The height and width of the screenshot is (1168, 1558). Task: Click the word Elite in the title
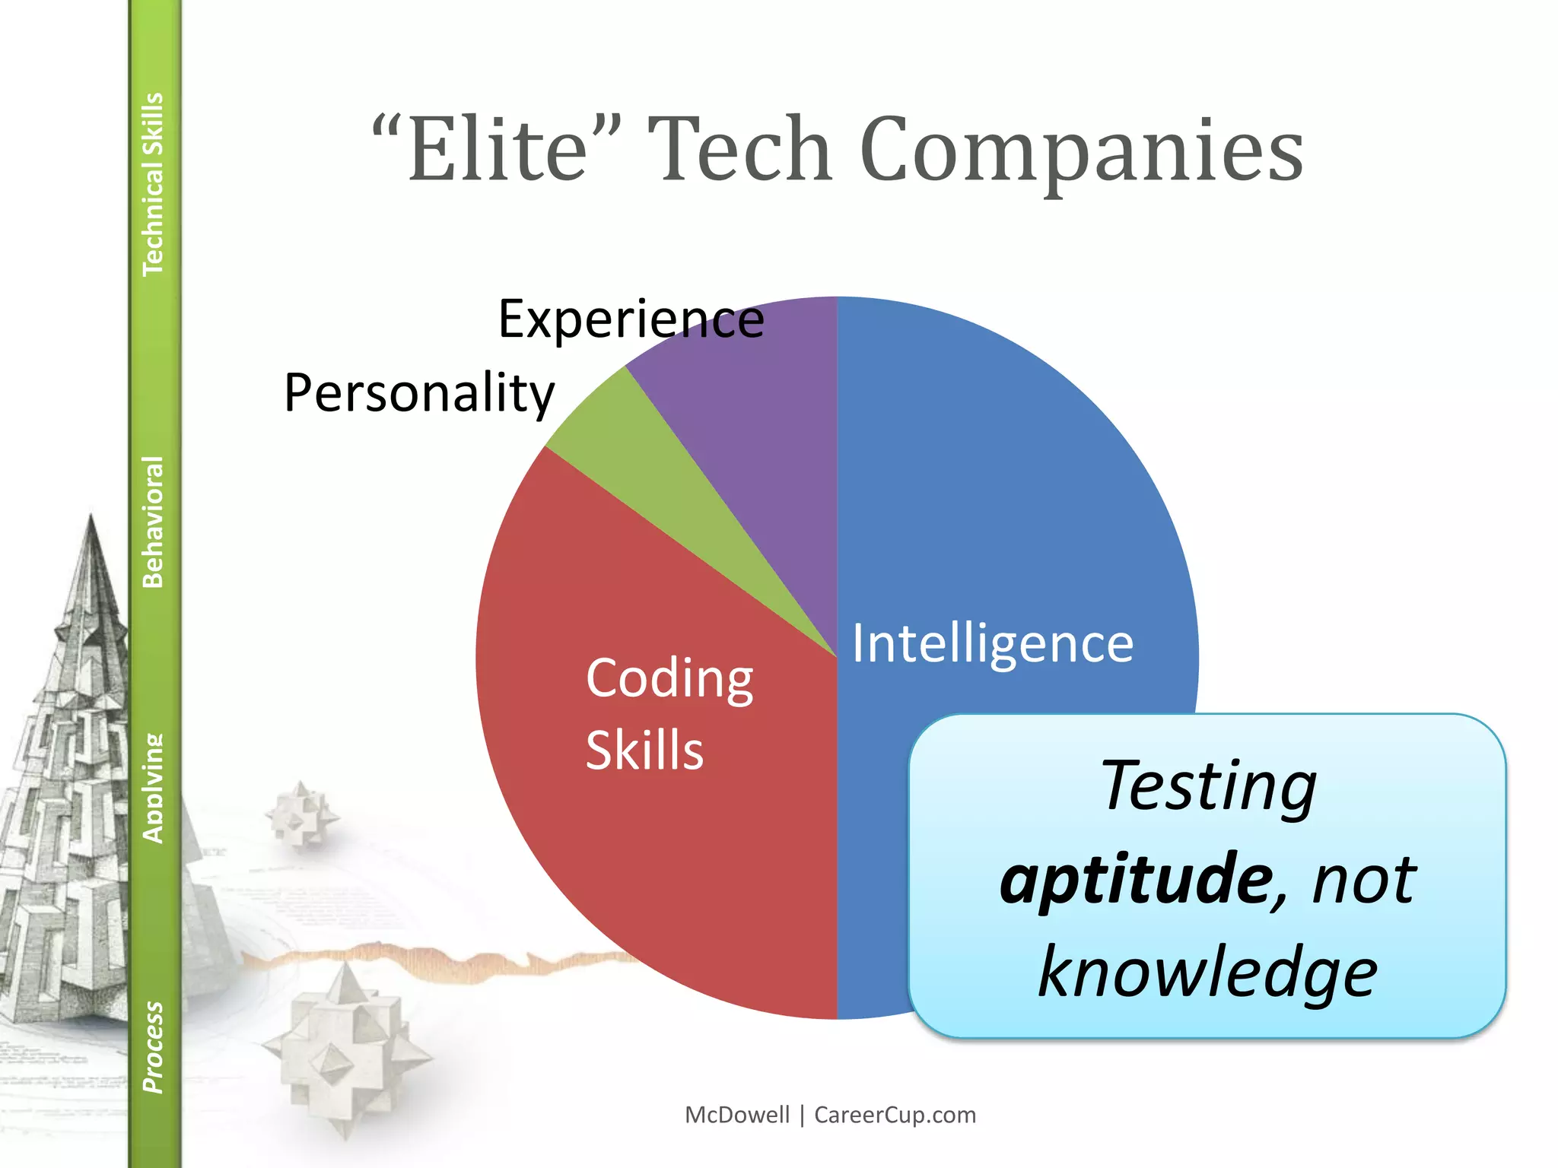(x=498, y=150)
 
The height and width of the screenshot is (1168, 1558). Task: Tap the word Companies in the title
(x=1081, y=150)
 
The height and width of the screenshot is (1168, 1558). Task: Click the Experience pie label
(x=631, y=319)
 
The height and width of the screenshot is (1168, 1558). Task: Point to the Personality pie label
(x=419, y=394)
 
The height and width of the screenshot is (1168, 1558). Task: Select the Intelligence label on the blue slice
(x=992, y=644)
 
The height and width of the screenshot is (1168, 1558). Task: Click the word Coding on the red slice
(x=669, y=678)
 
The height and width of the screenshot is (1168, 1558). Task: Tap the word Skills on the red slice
(x=644, y=751)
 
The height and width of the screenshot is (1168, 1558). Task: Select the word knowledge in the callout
(x=1208, y=973)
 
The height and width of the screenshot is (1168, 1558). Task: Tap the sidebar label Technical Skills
(x=153, y=184)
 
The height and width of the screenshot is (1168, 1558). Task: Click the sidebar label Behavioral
(x=153, y=522)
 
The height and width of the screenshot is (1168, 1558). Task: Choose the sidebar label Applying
(x=153, y=788)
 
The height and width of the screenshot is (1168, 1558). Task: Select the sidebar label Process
(x=153, y=1047)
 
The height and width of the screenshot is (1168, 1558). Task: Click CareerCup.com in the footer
(x=895, y=1115)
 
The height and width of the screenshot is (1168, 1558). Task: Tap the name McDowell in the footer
(x=737, y=1115)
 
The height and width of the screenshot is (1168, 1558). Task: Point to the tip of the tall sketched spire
(x=91, y=517)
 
